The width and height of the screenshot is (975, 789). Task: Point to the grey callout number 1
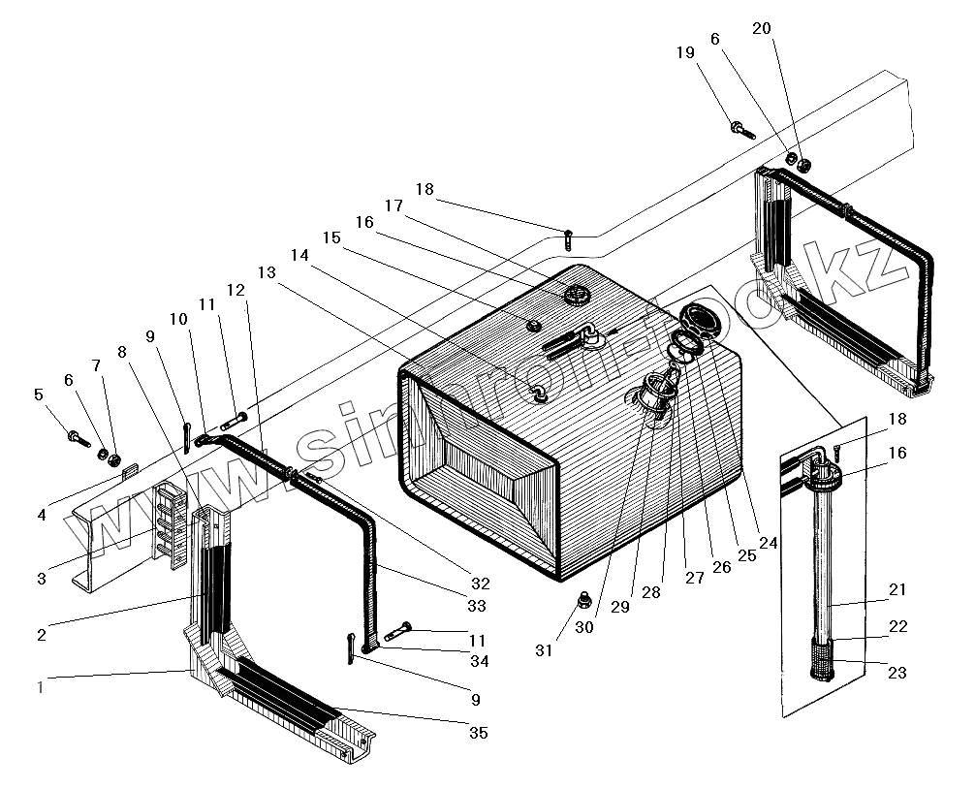pos(40,687)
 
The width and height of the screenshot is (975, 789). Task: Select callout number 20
pos(762,29)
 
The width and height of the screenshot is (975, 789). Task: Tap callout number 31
pos(544,650)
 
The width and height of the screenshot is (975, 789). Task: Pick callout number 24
pos(768,544)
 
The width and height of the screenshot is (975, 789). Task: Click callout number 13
pos(267,274)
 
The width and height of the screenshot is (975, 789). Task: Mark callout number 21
pos(897,590)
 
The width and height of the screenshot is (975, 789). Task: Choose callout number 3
pos(42,580)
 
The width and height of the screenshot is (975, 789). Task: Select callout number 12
pos(236,291)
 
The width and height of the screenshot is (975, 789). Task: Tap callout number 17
pos(393,205)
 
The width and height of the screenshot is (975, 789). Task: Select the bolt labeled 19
pos(741,129)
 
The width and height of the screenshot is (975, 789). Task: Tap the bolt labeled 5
pos(74,436)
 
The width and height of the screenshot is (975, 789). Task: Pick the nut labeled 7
pos(115,458)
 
